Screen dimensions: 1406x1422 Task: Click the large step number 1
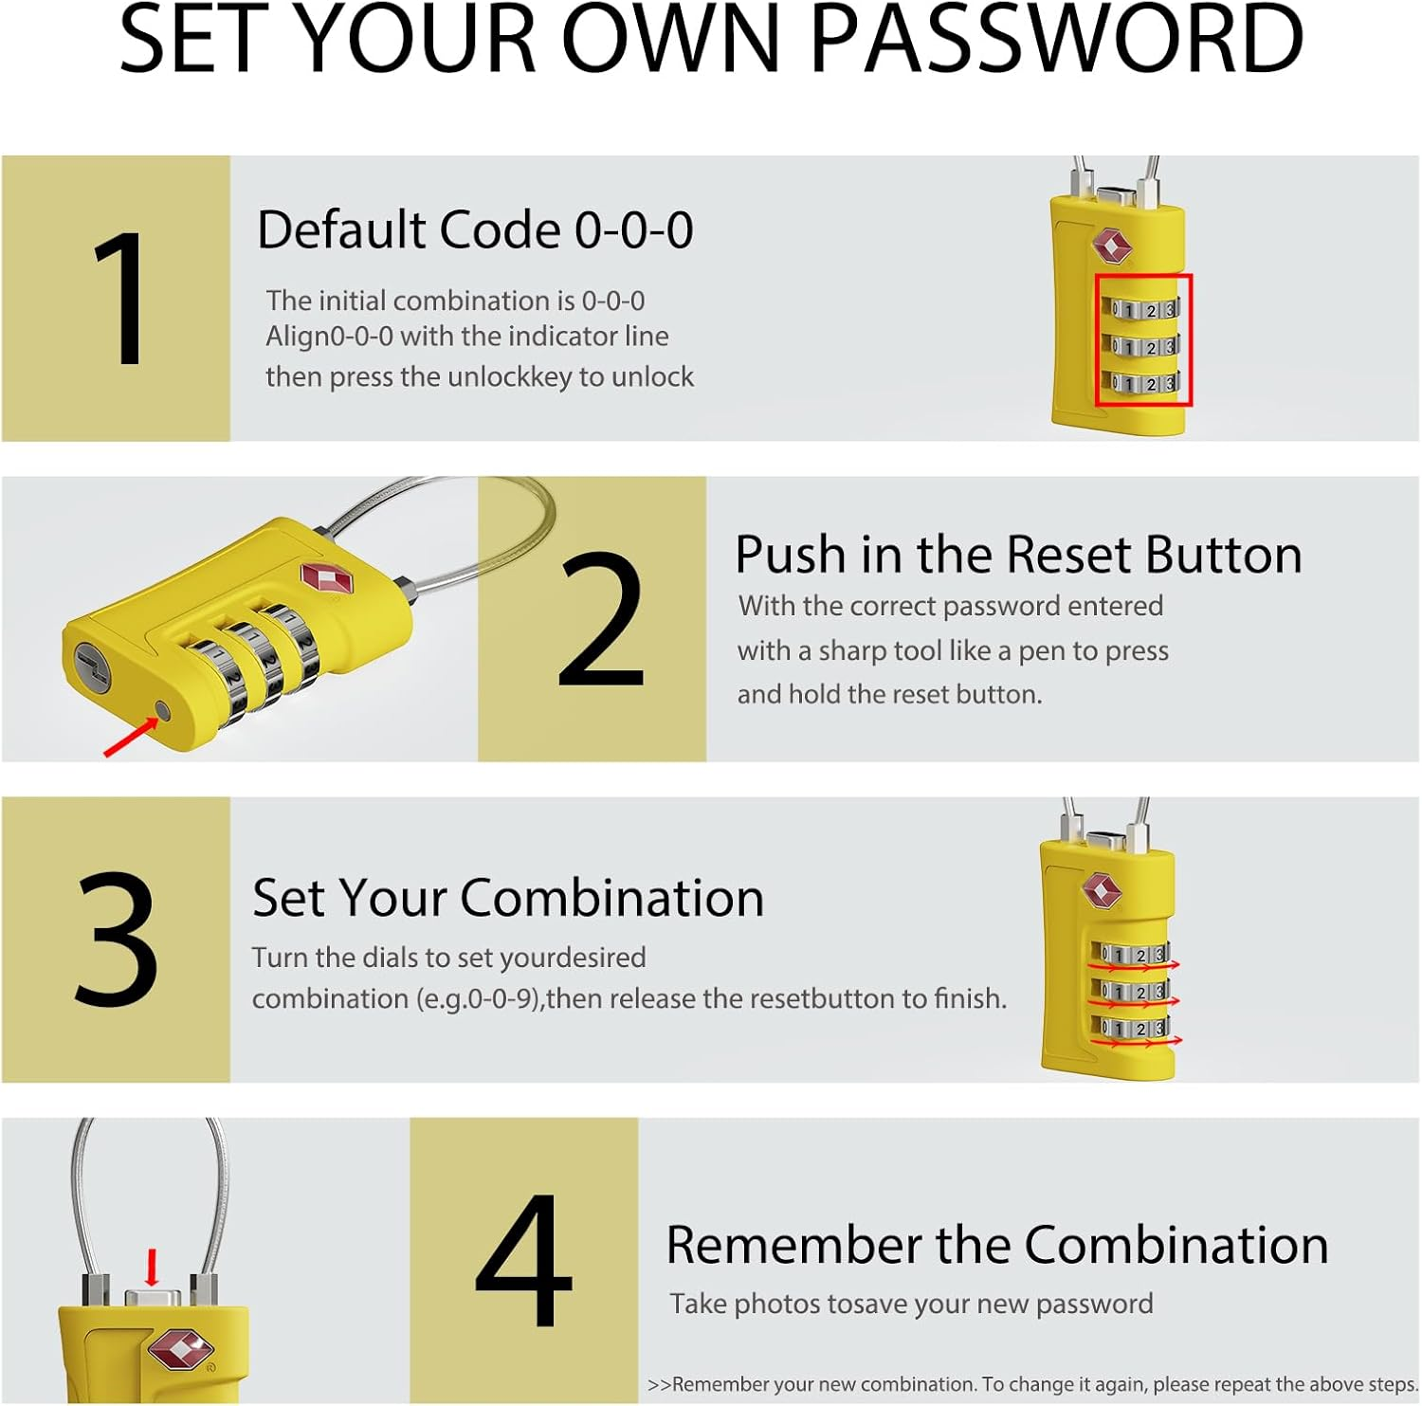(119, 299)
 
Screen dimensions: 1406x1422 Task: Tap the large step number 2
(601, 620)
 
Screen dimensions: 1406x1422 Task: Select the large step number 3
(116, 939)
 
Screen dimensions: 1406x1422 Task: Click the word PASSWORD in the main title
(1057, 40)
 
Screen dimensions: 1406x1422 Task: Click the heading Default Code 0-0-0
(475, 230)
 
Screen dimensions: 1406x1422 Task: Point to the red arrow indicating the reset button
(131, 737)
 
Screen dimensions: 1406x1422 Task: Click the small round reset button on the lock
(162, 710)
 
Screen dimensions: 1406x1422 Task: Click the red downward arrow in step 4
(151, 1268)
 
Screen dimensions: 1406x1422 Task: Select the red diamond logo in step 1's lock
(1111, 246)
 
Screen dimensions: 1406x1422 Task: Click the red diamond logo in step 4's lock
(179, 1349)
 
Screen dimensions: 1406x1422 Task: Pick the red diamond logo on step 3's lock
(1102, 890)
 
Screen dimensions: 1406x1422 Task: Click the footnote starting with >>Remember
(1032, 1384)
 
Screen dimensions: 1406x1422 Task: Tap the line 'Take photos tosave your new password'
(911, 1305)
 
